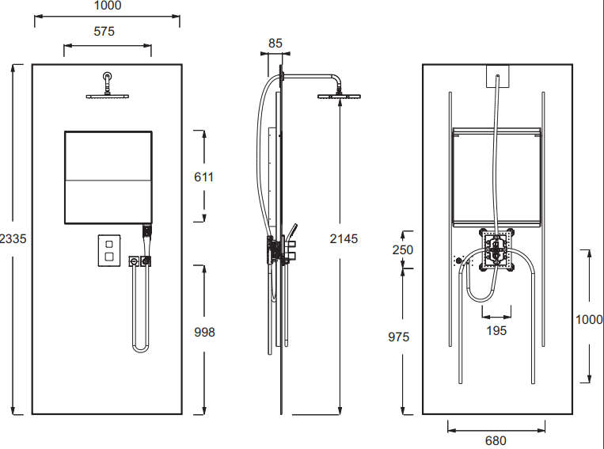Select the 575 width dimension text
tap(104, 32)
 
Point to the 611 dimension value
tap(204, 177)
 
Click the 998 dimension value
tap(204, 333)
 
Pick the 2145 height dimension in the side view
tap(344, 238)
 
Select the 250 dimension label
tap(402, 249)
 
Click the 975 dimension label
tap(399, 337)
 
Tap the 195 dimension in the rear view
tap(496, 330)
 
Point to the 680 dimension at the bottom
tap(496, 440)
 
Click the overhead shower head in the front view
tap(106, 96)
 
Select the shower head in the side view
tap(339, 97)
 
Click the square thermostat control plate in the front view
tap(108, 252)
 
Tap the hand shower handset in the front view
tap(146, 232)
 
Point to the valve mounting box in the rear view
tap(496, 251)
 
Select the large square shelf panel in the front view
tap(107, 177)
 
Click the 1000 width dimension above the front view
tap(107, 6)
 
